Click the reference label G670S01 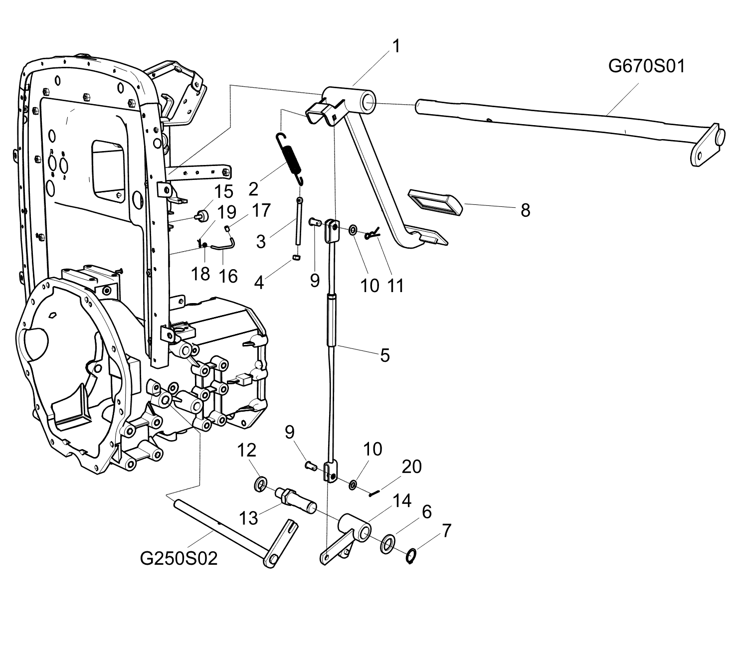pos(647,67)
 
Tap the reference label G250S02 pos(179,558)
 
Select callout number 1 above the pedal pos(396,46)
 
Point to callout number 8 pos(526,210)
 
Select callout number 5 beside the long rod pos(385,355)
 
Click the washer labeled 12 pos(261,485)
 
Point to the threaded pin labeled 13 pos(296,500)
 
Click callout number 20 pos(412,467)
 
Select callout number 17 pos(262,210)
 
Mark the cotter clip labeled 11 pos(372,233)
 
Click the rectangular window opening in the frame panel pos(109,170)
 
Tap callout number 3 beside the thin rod pos(261,242)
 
